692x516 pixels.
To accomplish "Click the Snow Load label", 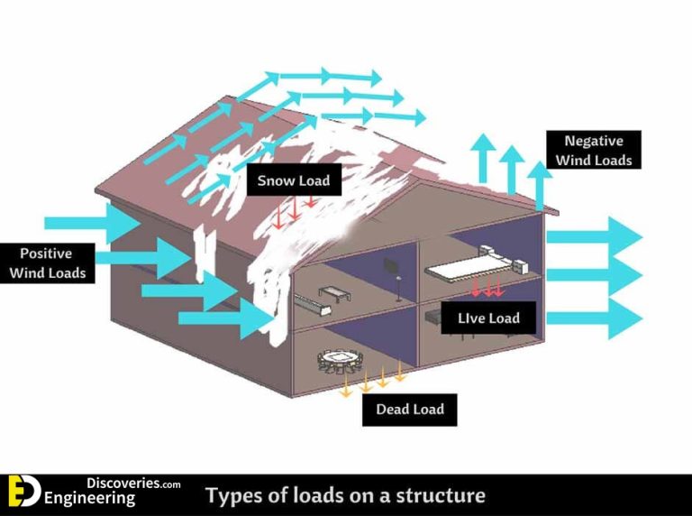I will [x=294, y=180].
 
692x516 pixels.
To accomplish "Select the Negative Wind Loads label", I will [x=594, y=151].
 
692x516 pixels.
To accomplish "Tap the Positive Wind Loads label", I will [x=46, y=263].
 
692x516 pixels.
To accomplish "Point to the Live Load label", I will [x=487, y=317].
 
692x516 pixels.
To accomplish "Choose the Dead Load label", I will [x=410, y=409].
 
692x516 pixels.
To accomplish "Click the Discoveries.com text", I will [x=133, y=484].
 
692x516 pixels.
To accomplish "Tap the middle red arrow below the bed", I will [x=487, y=289].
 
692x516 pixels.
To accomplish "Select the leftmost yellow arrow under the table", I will [x=344, y=385].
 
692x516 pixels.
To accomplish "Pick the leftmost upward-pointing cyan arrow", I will [x=482, y=158].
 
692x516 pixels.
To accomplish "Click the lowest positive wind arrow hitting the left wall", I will [x=226, y=318].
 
